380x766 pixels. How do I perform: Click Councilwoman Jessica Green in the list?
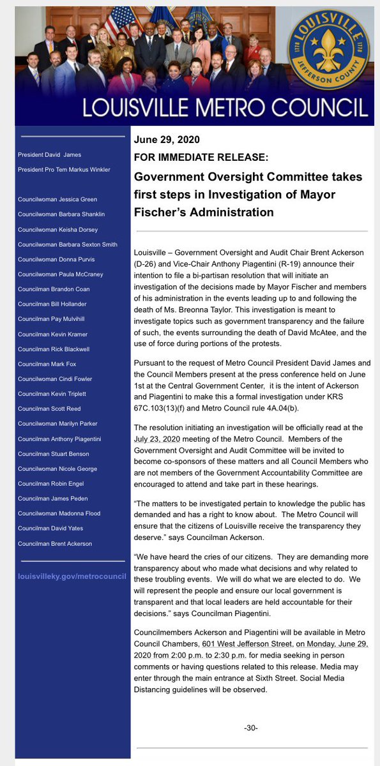tap(57, 199)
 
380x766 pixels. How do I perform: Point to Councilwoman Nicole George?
tap(57, 469)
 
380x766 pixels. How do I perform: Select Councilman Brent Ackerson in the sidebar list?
tap(55, 543)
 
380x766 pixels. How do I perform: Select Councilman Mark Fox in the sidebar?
tap(47, 363)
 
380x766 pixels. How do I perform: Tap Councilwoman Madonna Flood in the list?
tap(59, 513)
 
